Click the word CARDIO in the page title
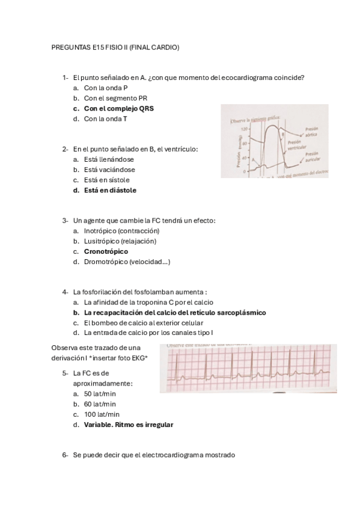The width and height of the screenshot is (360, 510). pyautogui.click(x=166, y=47)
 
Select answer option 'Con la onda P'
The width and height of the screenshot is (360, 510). pyautogui.click(x=105, y=88)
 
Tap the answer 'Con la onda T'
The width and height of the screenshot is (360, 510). pyautogui.click(x=105, y=119)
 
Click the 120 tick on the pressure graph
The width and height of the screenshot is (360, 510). pyautogui.click(x=244, y=129)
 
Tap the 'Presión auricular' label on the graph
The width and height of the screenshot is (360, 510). pyautogui.click(x=313, y=158)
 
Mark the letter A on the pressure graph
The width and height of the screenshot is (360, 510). pyautogui.click(x=253, y=159)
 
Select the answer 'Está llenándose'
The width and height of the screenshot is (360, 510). pyautogui.click(x=109, y=159)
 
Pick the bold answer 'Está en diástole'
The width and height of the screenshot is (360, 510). pyautogui.click(x=110, y=190)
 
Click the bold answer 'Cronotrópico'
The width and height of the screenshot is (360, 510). pyautogui.click(x=106, y=251)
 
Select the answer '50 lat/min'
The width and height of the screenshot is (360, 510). pyautogui.click(x=100, y=394)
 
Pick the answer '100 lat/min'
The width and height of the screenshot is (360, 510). pyautogui.click(x=102, y=414)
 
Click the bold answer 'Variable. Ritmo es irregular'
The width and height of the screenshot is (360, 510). pyautogui.click(x=129, y=425)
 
